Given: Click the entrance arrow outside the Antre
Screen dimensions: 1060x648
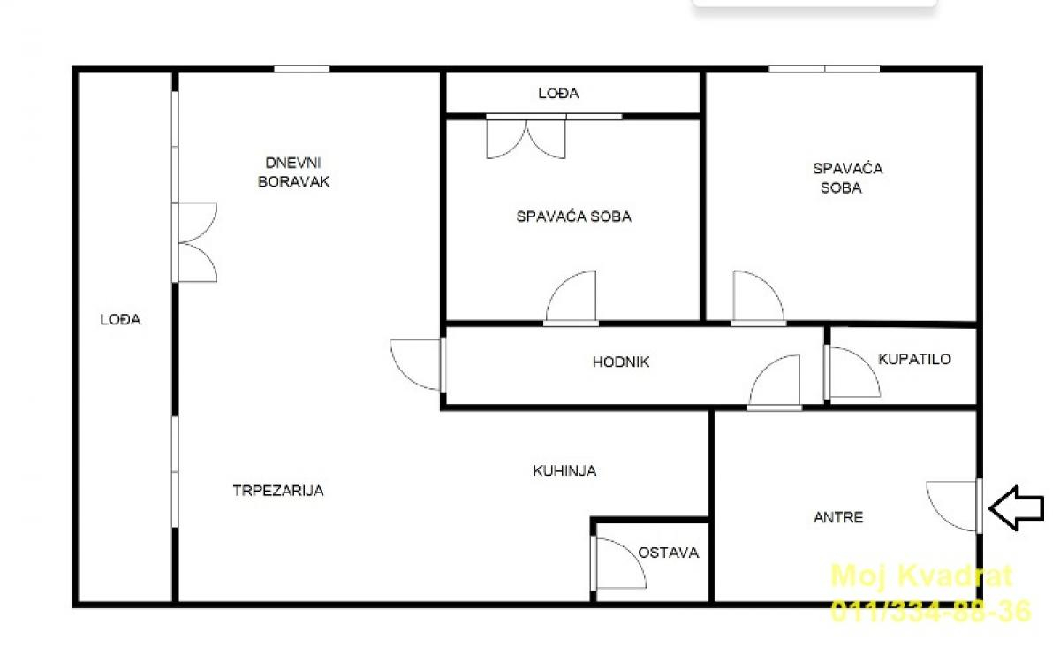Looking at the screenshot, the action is coord(1017,508).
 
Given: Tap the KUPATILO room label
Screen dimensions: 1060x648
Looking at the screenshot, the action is coord(915,359).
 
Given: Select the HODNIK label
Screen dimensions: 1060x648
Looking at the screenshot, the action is coord(621,362).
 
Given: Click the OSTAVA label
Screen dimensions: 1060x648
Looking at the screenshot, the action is coord(668,553).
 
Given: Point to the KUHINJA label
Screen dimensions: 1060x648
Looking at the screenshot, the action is coord(564,470).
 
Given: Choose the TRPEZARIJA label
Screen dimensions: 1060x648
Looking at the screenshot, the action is coord(278,491).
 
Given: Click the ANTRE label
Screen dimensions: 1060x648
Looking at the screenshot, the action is coord(838,517).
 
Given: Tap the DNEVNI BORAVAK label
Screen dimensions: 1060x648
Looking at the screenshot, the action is coord(293,172).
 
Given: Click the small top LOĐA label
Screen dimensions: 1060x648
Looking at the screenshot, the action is coord(558,93).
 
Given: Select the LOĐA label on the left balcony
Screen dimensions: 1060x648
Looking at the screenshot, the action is coord(120,319).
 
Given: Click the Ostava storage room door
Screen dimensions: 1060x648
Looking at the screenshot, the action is coord(618,564).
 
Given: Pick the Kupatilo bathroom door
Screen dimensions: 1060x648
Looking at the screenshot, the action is coord(852,373).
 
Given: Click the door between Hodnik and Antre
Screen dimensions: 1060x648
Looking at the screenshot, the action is coord(774,382).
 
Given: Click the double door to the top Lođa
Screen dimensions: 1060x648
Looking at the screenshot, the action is coord(526,136).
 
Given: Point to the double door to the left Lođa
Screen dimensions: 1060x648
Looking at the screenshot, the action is coord(194,243).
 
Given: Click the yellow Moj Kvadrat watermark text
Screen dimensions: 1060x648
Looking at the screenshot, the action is coord(921,576).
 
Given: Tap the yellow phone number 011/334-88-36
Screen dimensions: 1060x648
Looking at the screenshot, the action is coord(931,611).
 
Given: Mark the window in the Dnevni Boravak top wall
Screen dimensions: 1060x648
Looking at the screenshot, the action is coord(302,69).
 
